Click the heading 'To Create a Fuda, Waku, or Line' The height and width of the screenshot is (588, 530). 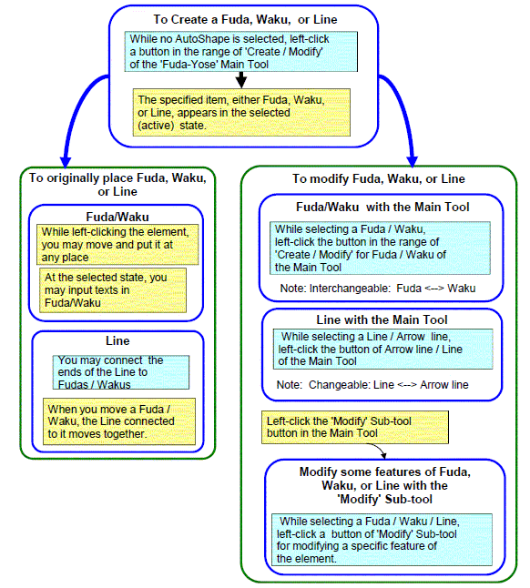[245, 19]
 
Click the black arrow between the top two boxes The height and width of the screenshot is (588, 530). [241, 80]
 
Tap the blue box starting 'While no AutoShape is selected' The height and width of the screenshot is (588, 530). [241, 51]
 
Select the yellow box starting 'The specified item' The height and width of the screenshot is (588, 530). [241, 113]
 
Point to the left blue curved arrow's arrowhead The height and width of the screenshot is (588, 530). [66, 161]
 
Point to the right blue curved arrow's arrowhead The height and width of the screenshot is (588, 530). [412, 161]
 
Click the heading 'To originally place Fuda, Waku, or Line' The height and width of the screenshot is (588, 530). [117, 185]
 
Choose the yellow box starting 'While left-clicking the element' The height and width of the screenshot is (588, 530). [117, 245]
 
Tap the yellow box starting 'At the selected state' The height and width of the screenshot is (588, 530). [113, 290]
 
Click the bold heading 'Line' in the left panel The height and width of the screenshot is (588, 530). [117, 340]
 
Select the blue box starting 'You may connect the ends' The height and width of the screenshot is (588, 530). [121, 372]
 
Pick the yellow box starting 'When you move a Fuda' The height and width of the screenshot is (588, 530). [119, 421]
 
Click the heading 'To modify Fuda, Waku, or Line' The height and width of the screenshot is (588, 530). [379, 179]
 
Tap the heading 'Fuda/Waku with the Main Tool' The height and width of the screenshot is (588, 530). [382, 207]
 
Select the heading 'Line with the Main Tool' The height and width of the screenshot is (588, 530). [382, 319]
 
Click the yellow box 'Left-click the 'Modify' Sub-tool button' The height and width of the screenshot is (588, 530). [355, 427]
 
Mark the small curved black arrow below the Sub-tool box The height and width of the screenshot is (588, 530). [378, 449]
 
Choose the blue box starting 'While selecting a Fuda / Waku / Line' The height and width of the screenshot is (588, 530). [382, 540]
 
